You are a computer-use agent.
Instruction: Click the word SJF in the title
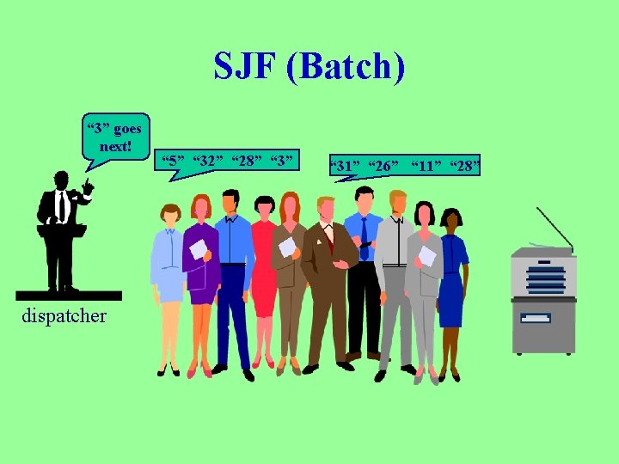245,68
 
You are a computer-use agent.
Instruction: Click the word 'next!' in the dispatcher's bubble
115,146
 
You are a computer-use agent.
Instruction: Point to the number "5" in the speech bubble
175,161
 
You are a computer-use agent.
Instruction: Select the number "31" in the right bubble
348,165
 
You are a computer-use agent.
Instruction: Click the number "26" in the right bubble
383,165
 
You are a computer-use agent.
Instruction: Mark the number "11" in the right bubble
426,165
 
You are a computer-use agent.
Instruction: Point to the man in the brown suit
328,275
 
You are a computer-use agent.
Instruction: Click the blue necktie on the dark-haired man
365,236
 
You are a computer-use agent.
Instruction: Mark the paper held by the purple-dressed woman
199,249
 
